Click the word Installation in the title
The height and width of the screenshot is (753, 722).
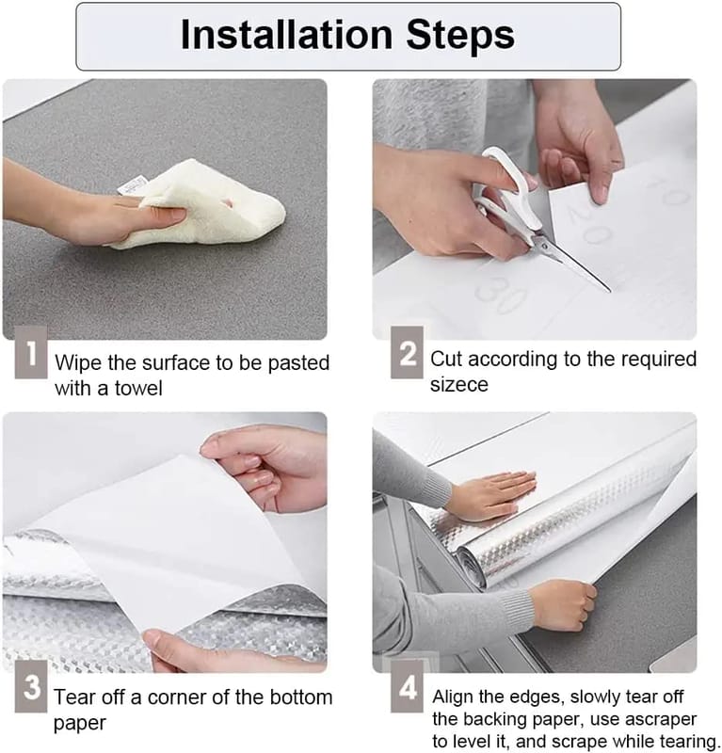[287, 36]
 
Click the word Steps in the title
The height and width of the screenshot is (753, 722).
[460, 36]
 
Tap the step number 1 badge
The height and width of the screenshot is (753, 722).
[31, 352]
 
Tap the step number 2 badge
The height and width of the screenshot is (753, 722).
[407, 352]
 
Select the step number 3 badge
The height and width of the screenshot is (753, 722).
[31, 686]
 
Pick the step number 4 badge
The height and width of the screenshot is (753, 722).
[407, 686]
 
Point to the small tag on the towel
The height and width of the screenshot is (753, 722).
[131, 186]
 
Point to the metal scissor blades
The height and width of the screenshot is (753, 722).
[571, 262]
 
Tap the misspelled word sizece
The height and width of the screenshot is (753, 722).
[458, 385]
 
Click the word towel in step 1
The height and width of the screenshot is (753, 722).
[137, 388]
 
